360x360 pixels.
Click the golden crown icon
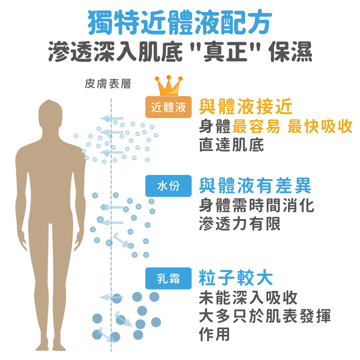tap(169, 86)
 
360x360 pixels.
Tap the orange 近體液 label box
tap(169, 107)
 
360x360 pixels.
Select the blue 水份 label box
tap(169, 186)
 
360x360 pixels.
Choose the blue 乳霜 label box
tap(169, 278)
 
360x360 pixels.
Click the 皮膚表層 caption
tap(108, 84)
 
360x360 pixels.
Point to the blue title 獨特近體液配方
tap(180, 22)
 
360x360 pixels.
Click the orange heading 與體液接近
tap(246, 107)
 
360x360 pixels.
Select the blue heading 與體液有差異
tap(255, 186)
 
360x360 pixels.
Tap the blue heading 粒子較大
tap(236, 278)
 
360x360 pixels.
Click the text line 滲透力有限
tap(240, 224)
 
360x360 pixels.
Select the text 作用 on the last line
tap(214, 334)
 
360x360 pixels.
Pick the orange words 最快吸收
tap(320, 126)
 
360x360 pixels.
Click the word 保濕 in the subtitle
tap(291, 52)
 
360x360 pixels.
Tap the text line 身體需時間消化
tap(256, 205)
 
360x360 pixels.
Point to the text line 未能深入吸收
tap(248, 298)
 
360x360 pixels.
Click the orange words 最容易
tap(256, 126)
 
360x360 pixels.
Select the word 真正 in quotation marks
tap(225, 52)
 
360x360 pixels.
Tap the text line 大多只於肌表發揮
tap(265, 316)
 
